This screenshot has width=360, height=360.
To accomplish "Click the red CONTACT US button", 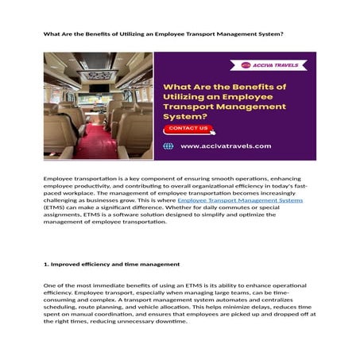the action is coord(189,129).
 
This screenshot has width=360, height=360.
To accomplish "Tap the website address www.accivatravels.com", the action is coord(226,146).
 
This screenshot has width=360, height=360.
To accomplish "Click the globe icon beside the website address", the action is coord(168,146).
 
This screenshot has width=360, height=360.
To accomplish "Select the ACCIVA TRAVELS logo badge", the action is coord(267,65).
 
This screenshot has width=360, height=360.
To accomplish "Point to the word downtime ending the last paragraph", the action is coord(168,322).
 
